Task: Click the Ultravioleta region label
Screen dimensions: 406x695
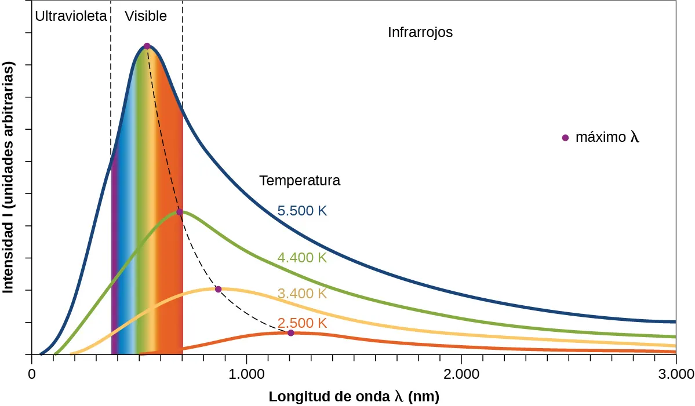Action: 71,16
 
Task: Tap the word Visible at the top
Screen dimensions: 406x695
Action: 146,16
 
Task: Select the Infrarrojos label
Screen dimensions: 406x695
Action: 420,32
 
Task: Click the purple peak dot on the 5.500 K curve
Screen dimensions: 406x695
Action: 147,46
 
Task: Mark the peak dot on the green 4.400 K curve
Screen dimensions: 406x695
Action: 180,212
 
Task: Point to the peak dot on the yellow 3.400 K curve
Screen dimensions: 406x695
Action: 219,289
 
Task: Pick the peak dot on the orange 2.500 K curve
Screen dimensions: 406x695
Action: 291,332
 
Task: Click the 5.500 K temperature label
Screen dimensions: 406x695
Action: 302,211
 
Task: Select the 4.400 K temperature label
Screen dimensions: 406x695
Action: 302,258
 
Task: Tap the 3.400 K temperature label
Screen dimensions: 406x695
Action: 302,294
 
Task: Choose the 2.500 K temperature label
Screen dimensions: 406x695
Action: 302,323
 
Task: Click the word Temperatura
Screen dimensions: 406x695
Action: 300,181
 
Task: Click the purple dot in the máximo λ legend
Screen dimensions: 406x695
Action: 565,138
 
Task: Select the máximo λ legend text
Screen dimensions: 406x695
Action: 607,138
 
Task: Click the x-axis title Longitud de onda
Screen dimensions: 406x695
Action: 354,397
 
